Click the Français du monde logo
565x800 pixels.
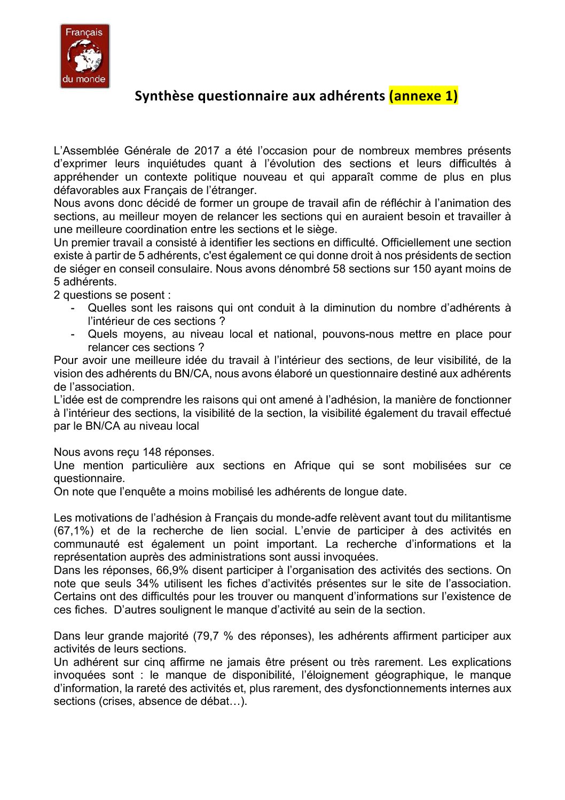point(85,56)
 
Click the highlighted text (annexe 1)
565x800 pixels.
point(423,96)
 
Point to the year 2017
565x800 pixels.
point(206,151)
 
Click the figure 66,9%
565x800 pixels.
point(174,570)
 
